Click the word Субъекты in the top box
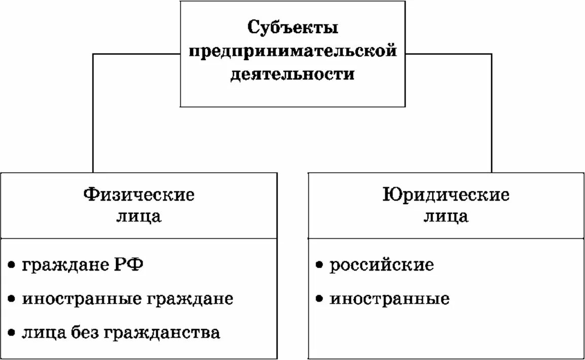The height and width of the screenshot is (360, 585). click(293, 28)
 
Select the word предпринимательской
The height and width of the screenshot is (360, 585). click(293, 51)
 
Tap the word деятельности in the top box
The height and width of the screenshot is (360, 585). click(293, 75)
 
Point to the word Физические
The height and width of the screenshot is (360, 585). click(139, 194)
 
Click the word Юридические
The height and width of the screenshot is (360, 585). click(446, 194)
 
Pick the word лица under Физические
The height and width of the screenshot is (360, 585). click(139, 217)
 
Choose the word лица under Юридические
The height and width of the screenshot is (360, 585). click(446, 217)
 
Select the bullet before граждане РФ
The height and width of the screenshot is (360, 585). click(12, 266)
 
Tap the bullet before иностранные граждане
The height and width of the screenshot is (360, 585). click(12, 299)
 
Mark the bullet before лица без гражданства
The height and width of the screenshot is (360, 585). click(12, 334)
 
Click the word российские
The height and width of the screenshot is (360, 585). click(382, 265)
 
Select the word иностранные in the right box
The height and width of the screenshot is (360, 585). click(389, 299)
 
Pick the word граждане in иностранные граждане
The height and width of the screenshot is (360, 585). click(190, 299)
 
